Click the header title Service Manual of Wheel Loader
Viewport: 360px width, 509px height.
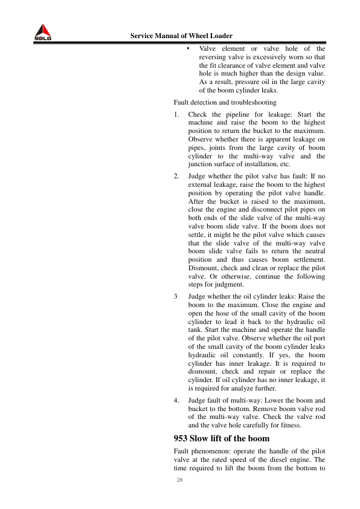[181, 36]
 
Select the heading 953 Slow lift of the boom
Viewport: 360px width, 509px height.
[221, 438]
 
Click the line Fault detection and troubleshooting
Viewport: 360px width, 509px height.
[225, 102]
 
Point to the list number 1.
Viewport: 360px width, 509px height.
[176, 114]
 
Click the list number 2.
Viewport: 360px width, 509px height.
[176, 175]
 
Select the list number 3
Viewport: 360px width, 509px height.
[175, 297]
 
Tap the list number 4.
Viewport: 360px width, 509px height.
[176, 400]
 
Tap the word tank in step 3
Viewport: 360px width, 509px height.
[196, 332]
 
